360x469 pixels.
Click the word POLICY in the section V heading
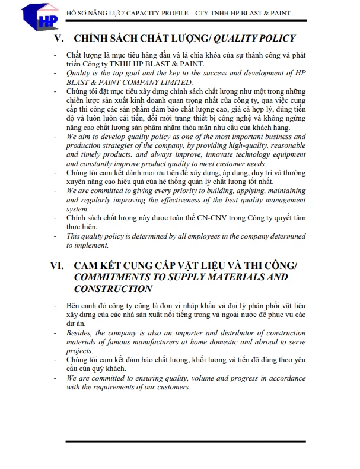(273, 39)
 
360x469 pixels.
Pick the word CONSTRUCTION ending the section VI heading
(113, 289)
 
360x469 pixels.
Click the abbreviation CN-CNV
(205, 218)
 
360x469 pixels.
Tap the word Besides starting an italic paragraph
(80, 333)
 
